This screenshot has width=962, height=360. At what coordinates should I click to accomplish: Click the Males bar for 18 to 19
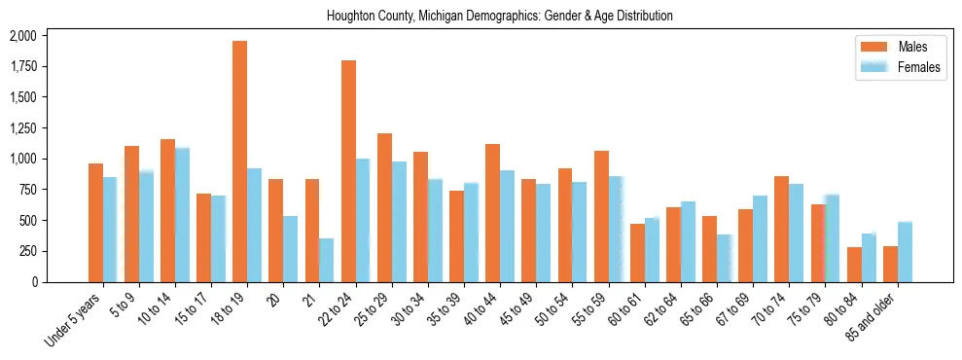pyautogui.click(x=239, y=162)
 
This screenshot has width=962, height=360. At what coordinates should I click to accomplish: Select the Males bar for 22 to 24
pyautogui.click(x=348, y=171)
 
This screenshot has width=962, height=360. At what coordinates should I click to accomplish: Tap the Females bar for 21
pyautogui.click(x=327, y=260)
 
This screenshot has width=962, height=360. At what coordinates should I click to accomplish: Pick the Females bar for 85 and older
pyautogui.click(x=905, y=252)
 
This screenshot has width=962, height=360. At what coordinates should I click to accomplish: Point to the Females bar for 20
pyautogui.click(x=291, y=249)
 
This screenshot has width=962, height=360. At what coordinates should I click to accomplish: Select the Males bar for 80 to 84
pyautogui.click(x=854, y=265)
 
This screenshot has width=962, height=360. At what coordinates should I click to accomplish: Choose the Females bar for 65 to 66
pyautogui.click(x=725, y=258)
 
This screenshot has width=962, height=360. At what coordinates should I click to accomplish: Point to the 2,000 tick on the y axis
pyautogui.click(x=22, y=36)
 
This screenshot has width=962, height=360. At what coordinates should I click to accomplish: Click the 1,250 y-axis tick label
pyautogui.click(x=22, y=128)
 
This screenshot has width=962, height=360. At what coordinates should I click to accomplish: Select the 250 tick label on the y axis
pyautogui.click(x=27, y=251)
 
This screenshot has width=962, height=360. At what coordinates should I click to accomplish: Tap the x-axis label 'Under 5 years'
pyautogui.click(x=74, y=317)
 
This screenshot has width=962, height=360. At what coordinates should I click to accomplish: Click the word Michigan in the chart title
pyautogui.click(x=444, y=16)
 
